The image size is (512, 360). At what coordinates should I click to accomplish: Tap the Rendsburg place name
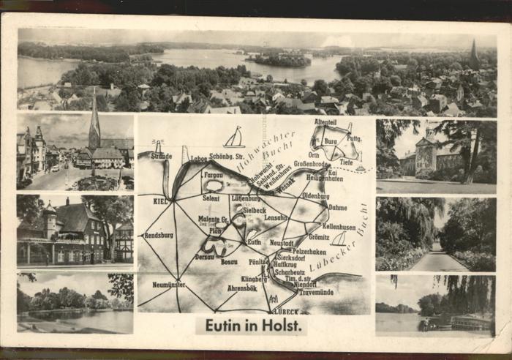click(159, 236)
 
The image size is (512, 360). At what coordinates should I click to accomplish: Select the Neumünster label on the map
click(169, 284)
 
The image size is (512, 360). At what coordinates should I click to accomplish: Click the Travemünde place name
click(315, 292)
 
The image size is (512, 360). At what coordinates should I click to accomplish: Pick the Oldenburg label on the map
click(315, 196)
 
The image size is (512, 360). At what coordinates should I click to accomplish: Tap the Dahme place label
click(338, 207)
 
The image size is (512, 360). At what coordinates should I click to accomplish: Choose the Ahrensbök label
click(242, 288)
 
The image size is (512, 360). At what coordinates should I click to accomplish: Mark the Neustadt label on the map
click(282, 243)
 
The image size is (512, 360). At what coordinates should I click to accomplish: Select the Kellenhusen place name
click(339, 227)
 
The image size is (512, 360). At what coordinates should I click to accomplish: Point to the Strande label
click(161, 156)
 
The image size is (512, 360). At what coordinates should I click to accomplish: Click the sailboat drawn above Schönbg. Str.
click(234, 138)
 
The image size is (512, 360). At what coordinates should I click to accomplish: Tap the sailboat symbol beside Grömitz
click(339, 239)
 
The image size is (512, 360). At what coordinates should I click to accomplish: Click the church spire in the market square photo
click(94, 124)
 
